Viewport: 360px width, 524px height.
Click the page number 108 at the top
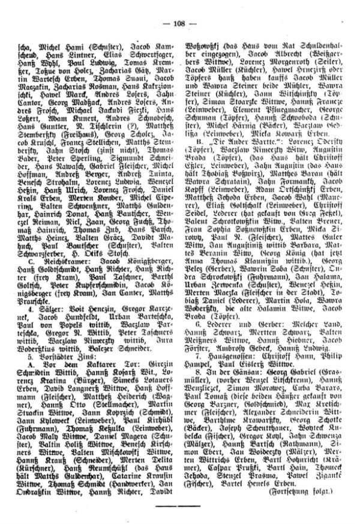180,24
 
